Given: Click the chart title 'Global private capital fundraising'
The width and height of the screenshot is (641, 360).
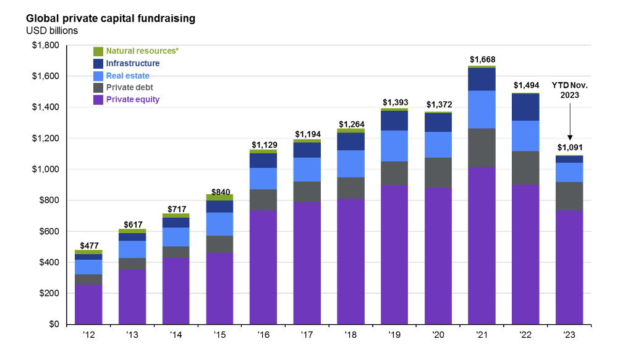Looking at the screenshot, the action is (111, 19).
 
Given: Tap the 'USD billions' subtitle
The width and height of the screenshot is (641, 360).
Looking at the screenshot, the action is (52, 31).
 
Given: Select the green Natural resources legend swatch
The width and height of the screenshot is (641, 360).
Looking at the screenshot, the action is (98, 51).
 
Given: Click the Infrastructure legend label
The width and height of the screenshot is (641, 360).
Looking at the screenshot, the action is (133, 64).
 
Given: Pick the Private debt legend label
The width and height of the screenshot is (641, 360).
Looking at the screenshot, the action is (130, 88).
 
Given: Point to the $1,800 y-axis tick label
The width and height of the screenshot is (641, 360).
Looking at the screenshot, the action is (46, 45).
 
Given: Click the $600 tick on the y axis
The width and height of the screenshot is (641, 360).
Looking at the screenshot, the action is (49, 231).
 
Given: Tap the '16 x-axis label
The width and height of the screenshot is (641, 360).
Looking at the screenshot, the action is (263, 335).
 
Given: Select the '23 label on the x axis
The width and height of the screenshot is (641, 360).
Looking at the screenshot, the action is (569, 335).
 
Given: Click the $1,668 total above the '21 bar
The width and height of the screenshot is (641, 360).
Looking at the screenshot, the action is (482, 60).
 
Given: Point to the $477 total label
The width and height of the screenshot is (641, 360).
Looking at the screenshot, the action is (89, 246).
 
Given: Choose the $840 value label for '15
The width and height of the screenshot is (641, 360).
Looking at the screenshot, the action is (220, 192).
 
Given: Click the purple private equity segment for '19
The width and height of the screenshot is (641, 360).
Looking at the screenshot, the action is (394, 254).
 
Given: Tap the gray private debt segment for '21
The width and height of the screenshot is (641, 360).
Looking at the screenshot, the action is (482, 148).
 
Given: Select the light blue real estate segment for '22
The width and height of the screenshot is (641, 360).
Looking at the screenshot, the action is (525, 136).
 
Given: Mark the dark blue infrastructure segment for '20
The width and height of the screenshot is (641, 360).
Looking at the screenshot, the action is (438, 122).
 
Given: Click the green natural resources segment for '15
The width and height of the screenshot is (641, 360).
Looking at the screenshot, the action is (219, 197).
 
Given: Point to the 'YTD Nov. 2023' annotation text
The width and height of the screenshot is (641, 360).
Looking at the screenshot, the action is (569, 90).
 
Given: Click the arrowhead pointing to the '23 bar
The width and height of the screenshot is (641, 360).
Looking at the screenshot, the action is (570, 138).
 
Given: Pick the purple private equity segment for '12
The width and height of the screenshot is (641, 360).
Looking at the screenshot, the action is (88, 304).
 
